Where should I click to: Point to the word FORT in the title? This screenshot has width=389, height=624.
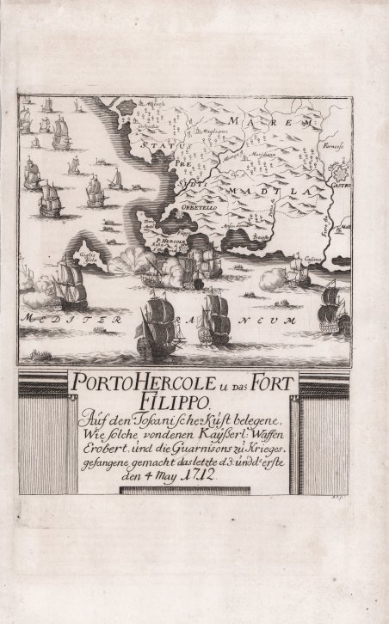pyautogui.click(x=264, y=382)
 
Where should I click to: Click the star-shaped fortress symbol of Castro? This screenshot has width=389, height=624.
pyautogui.click(x=337, y=170)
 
